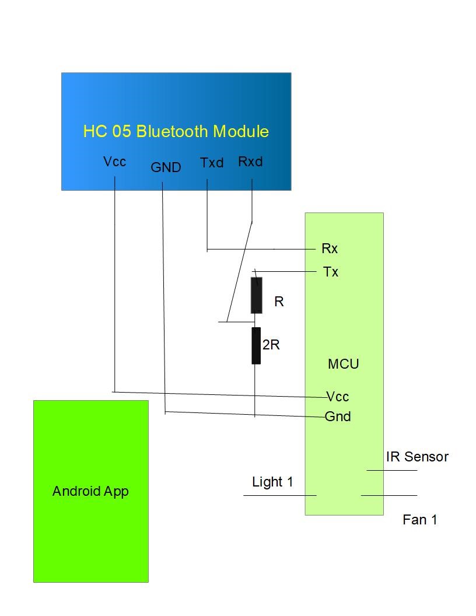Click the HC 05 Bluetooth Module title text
pyautogui.click(x=176, y=131)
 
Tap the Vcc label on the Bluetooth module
pyautogui.click(x=114, y=162)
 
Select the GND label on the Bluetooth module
pyautogui.click(x=166, y=167)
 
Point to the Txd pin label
pyautogui.click(x=212, y=163)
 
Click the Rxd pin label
pyautogui.click(x=250, y=162)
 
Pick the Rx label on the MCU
pyautogui.click(x=330, y=249)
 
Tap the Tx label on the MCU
pyautogui.click(x=330, y=272)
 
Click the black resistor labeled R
pyautogui.click(x=256, y=295)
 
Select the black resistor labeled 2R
pyautogui.click(x=256, y=345)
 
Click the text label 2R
pyautogui.click(x=271, y=345)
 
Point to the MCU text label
pyautogui.click(x=343, y=364)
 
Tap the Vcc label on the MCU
pyautogui.click(x=337, y=397)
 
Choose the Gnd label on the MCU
pyautogui.click(x=338, y=416)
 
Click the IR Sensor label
pyautogui.click(x=417, y=457)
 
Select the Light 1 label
pyautogui.click(x=272, y=482)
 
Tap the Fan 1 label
pyautogui.click(x=419, y=519)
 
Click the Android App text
pyautogui.click(x=90, y=491)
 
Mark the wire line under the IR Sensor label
pyautogui.click(x=391, y=470)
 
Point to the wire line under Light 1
pyautogui.click(x=279, y=495)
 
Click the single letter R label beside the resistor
pyautogui.click(x=279, y=302)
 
